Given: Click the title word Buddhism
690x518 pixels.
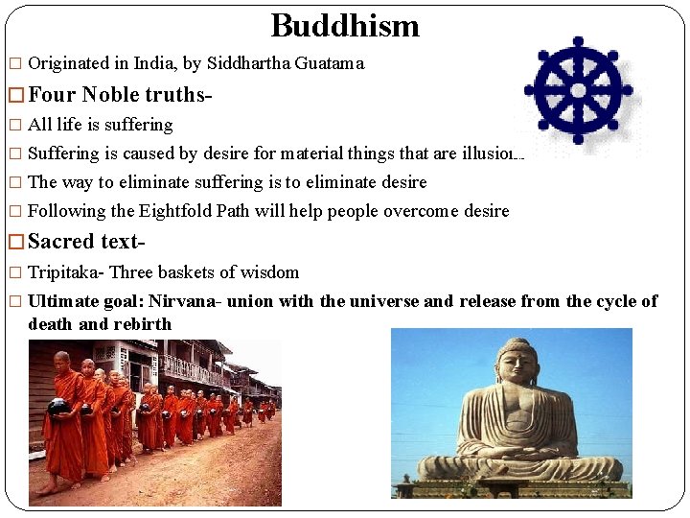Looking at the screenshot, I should [x=345, y=25].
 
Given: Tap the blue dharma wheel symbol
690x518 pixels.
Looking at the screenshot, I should [x=578, y=90].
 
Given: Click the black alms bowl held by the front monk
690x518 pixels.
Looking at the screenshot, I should [x=57, y=406].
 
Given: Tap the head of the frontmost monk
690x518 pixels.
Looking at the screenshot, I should [x=62, y=362].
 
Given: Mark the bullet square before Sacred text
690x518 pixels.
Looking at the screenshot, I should [x=14, y=242].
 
